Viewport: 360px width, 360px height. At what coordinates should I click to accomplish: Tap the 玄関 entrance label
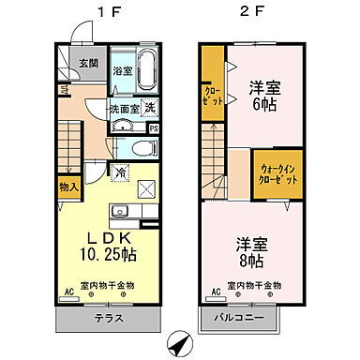tap(87, 65)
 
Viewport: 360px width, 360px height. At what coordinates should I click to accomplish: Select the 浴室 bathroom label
tap(123, 71)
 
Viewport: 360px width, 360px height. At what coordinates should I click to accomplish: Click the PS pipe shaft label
tap(153, 129)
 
